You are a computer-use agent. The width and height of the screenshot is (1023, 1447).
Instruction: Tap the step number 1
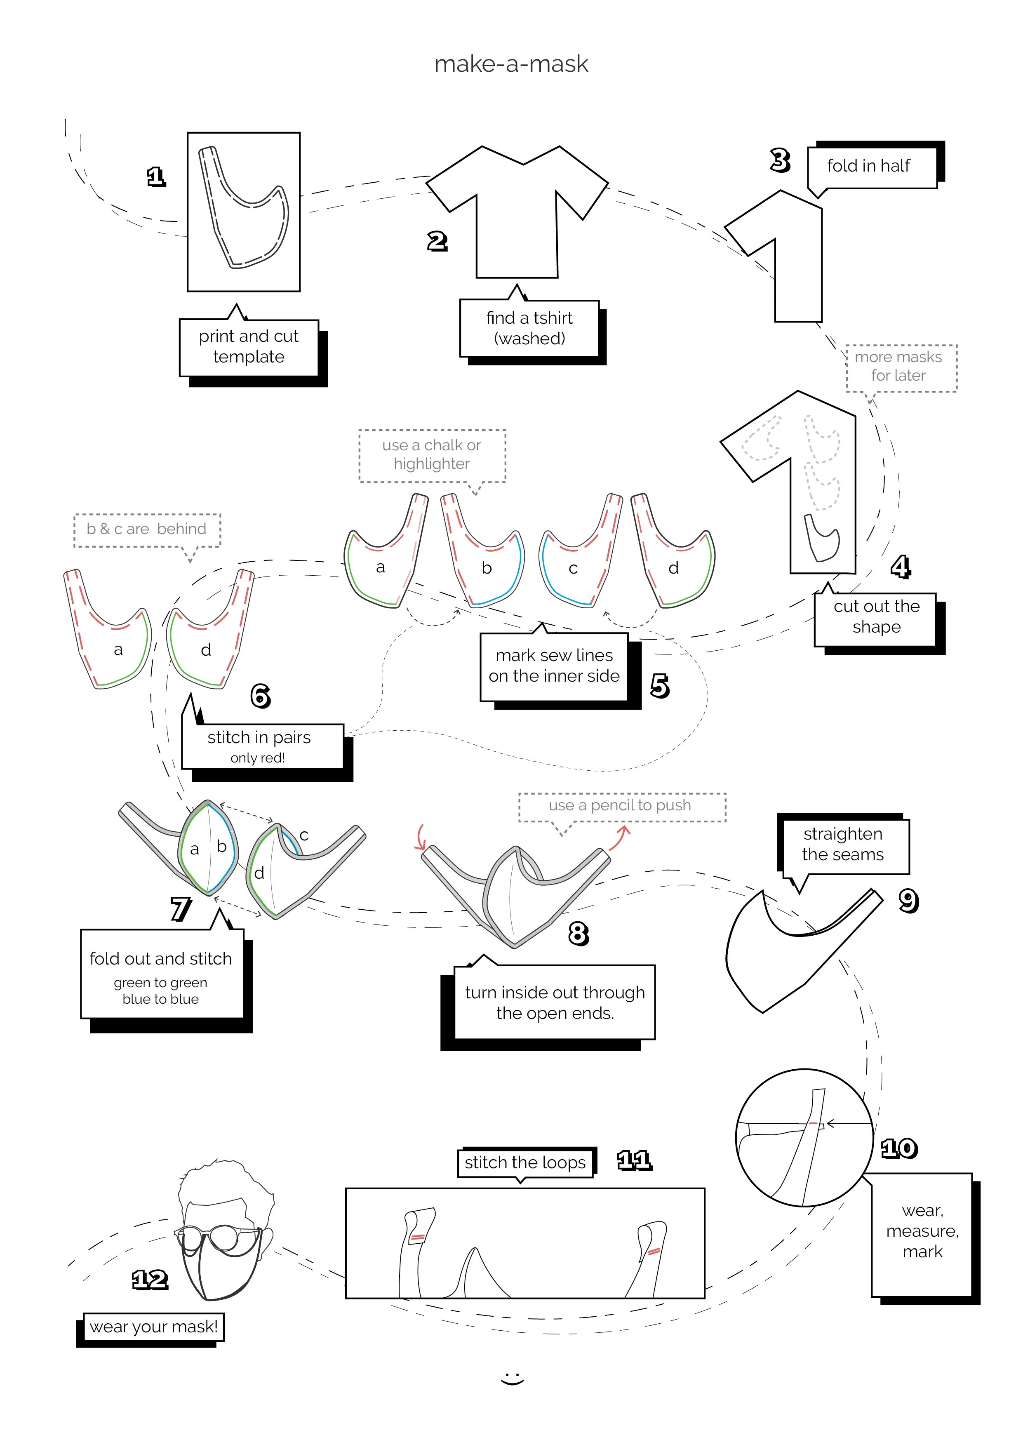click(x=156, y=177)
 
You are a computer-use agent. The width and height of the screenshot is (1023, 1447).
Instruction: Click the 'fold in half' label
click(x=868, y=166)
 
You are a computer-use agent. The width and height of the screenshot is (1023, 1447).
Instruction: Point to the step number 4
click(x=900, y=567)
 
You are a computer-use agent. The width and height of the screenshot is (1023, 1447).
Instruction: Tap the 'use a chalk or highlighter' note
click(x=432, y=454)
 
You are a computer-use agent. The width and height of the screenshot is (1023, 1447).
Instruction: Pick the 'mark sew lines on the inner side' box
click(x=554, y=666)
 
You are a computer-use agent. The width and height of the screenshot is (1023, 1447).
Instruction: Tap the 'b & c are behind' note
click(x=146, y=529)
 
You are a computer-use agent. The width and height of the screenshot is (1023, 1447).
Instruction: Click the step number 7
click(x=181, y=909)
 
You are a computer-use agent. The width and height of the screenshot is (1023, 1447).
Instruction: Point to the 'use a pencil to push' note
click(x=620, y=805)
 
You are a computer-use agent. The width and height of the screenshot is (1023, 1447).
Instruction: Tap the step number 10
click(x=899, y=1148)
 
